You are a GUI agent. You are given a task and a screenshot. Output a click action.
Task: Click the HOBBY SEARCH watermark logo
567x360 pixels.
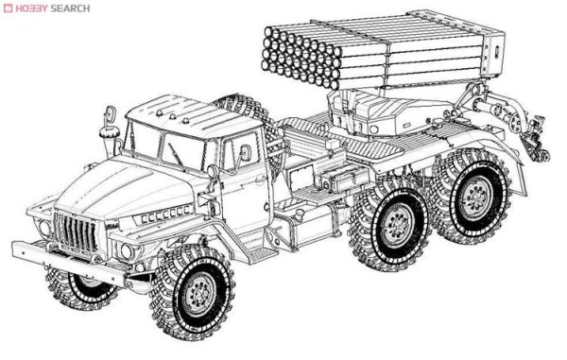click(x=47, y=8)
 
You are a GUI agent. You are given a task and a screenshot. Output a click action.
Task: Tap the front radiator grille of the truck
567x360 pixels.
click(x=76, y=232)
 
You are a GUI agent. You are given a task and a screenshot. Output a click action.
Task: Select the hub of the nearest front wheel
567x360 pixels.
click(x=199, y=292)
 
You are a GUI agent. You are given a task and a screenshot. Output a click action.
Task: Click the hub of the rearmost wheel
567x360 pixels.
click(x=477, y=197)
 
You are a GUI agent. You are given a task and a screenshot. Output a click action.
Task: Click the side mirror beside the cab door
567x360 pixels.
click(x=246, y=153)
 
